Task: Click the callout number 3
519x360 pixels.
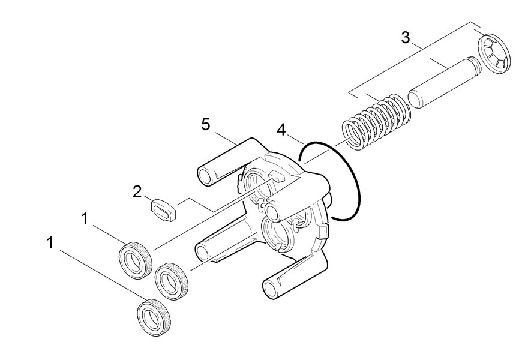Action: click(406, 38)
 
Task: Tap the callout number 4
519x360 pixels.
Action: click(280, 130)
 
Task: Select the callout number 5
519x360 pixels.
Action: click(206, 124)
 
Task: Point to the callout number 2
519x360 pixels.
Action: click(137, 191)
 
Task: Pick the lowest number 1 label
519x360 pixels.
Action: click(50, 242)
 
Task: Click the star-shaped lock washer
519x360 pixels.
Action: click(494, 56)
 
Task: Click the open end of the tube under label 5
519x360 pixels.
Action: click(205, 175)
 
